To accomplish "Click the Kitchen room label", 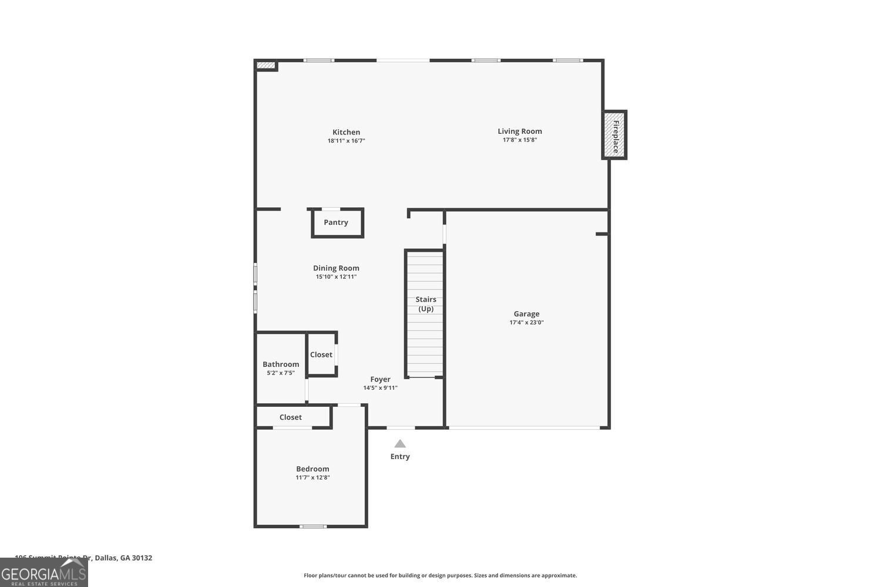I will (346, 132).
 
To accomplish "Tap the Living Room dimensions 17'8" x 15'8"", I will (520, 140).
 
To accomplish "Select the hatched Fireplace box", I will (614, 135).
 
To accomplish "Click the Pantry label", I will (336, 222).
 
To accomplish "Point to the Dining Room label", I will (336, 268).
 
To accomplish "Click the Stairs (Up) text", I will (426, 304).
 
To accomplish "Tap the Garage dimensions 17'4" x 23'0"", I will (526, 322).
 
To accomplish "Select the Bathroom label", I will (281, 364).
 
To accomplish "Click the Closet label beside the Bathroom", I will (321, 355).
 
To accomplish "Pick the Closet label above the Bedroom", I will (291, 417).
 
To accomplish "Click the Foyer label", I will (380, 379).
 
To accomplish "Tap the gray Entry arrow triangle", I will (400, 444).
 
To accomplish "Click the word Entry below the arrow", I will (400, 457).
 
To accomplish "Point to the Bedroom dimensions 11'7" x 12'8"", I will (312, 478).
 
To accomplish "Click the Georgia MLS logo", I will (43, 573).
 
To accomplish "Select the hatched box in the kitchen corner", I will (266, 65).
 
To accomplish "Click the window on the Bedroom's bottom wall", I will (313, 526).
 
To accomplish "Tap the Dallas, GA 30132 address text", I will (123, 558).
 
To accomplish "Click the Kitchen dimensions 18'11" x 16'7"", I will (346, 141).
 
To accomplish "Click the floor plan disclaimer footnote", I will (440, 575).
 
